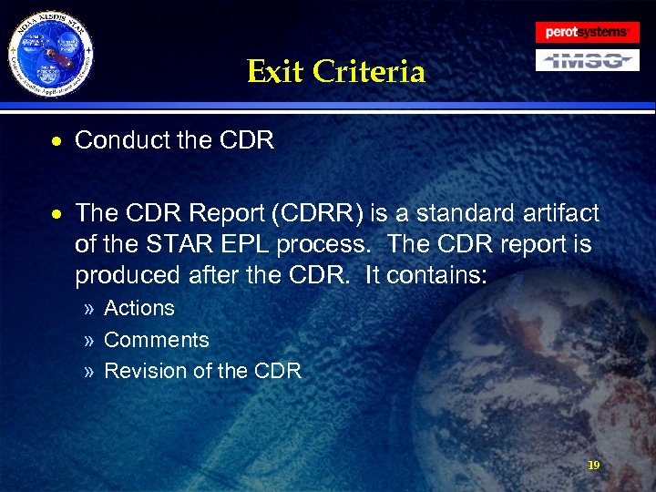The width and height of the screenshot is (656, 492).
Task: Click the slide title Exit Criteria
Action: [x=335, y=71]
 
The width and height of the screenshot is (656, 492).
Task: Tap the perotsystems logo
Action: [x=587, y=32]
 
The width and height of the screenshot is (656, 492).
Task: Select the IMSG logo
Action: [x=587, y=60]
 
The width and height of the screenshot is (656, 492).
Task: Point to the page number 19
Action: [x=593, y=465]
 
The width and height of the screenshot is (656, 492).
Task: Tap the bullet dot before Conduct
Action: [x=57, y=142]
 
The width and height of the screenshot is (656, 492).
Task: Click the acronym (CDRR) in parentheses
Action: [x=313, y=214]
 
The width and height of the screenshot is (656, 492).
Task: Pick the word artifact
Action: [x=560, y=214]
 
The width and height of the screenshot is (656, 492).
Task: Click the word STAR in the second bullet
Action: [x=169, y=245]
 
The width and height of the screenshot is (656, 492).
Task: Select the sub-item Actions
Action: [x=139, y=308]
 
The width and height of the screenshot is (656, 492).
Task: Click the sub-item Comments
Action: [x=157, y=340]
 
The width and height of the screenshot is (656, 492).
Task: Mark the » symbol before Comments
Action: [x=88, y=341]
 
